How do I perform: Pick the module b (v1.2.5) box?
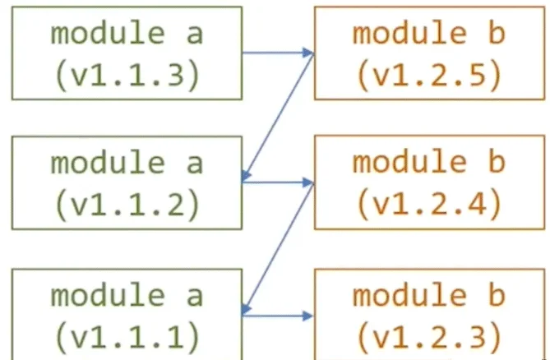click(428, 53)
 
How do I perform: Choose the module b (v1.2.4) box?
click(428, 182)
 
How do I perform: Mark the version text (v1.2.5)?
click(428, 75)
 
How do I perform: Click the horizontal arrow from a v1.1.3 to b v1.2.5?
click(278, 53)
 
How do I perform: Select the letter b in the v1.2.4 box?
click(495, 162)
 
